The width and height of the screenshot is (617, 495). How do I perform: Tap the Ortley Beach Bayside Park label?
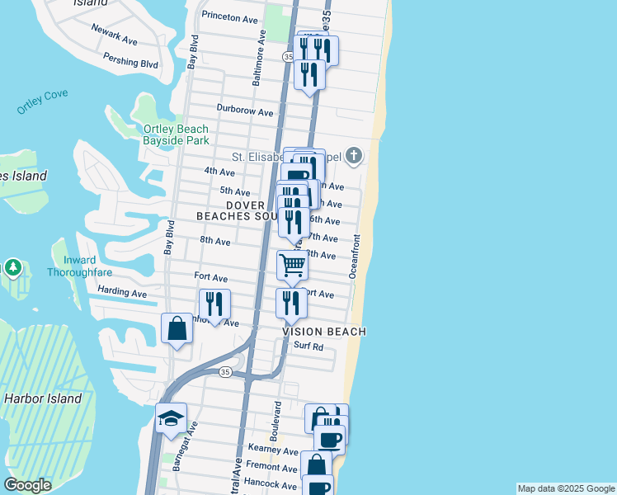pyautogui.click(x=177, y=135)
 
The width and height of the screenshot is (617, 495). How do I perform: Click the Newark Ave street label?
pyautogui.click(x=115, y=38)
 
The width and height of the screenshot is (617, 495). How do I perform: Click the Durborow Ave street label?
pyautogui.click(x=244, y=111)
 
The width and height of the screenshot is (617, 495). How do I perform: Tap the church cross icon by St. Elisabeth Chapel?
pyautogui.click(x=354, y=155)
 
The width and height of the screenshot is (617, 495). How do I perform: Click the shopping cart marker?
pyautogui.click(x=292, y=266)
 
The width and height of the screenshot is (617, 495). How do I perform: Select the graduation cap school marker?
pyautogui.click(x=171, y=418)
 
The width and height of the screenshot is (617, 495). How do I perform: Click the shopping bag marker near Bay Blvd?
pyautogui.click(x=177, y=329)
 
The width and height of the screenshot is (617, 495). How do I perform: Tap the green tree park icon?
pyautogui.click(x=13, y=268)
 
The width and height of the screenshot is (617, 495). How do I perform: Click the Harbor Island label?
pyautogui.click(x=43, y=398)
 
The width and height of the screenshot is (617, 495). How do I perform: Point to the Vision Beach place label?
pyautogui.click(x=324, y=331)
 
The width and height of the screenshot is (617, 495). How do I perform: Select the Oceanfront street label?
pyautogui.click(x=356, y=256)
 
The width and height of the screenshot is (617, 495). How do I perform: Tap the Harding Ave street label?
pyautogui.click(x=121, y=293)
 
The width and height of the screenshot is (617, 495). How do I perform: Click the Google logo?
pyautogui.click(x=27, y=485)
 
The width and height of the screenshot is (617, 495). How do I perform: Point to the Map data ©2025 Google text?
pyautogui.click(x=566, y=488)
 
